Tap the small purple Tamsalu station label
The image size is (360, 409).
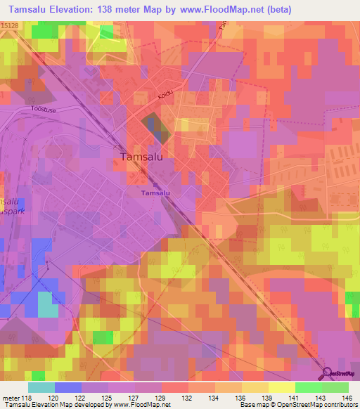coord(155,192)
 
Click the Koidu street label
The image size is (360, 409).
coord(165,100)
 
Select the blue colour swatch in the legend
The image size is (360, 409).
coord(67,387)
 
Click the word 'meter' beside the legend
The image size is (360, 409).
coord(12,398)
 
